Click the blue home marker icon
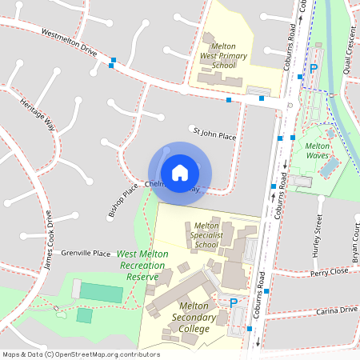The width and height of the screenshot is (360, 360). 180,173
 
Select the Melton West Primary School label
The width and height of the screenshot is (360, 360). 223,50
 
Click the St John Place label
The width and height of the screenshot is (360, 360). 214,133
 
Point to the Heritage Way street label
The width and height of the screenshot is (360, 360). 37,113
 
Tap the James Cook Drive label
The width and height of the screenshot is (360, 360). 48,239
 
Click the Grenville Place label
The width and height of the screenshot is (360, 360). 86,253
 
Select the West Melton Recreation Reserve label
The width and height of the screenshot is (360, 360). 143,265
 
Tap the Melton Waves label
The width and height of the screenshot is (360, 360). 318,150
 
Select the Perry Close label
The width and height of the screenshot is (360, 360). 330,272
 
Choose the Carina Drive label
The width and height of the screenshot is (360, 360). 337,310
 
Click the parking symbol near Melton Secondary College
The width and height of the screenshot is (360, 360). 234,303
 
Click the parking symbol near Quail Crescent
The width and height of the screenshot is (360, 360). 314,69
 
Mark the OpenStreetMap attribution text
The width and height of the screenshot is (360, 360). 80,354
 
